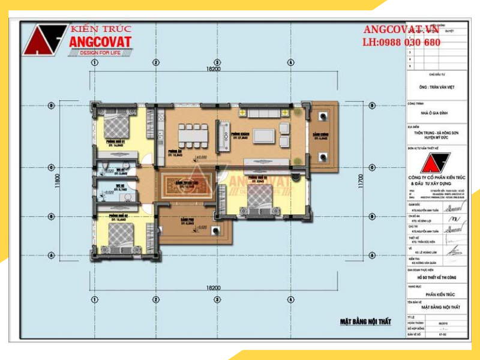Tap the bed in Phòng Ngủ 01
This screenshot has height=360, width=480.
(118, 127)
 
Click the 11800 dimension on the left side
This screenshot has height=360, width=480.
(58, 181)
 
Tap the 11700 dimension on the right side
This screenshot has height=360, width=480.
(360, 181)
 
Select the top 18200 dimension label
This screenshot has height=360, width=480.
(213, 70)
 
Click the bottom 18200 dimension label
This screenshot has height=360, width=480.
(213, 289)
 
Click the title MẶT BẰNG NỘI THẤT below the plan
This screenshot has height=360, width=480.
(365, 322)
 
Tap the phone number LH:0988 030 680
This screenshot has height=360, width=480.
(401, 43)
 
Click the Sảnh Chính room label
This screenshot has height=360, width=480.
(320, 136)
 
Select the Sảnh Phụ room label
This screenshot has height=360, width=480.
(187, 220)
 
